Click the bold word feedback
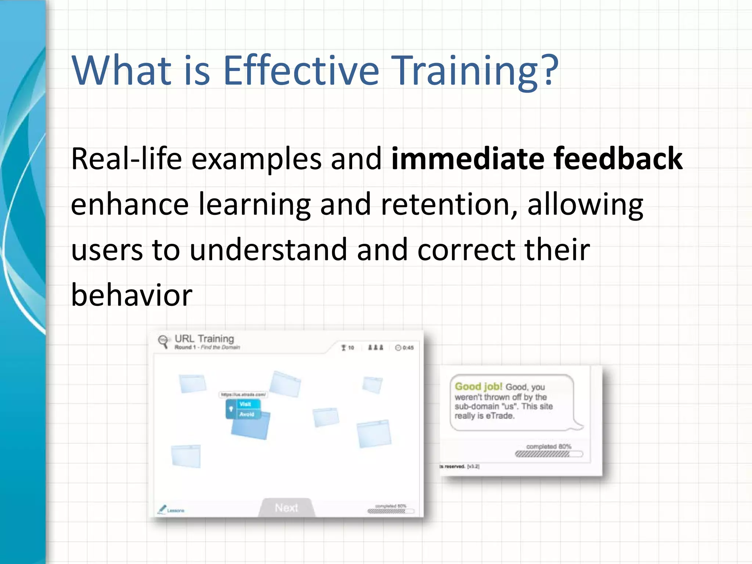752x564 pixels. [x=618, y=159]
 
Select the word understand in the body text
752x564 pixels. [x=268, y=250]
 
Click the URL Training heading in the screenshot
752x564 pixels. [x=204, y=339]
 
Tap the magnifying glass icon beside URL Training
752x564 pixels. [x=163, y=341]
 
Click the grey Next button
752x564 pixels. [x=286, y=507]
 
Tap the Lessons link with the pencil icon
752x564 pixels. [x=171, y=510]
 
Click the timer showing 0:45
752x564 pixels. [x=404, y=347]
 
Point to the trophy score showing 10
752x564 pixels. [x=347, y=347]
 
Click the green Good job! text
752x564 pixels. [x=478, y=386]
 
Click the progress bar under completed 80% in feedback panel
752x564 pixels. [x=549, y=454]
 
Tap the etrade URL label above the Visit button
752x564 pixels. [x=243, y=394]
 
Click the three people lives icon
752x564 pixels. [x=376, y=347]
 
